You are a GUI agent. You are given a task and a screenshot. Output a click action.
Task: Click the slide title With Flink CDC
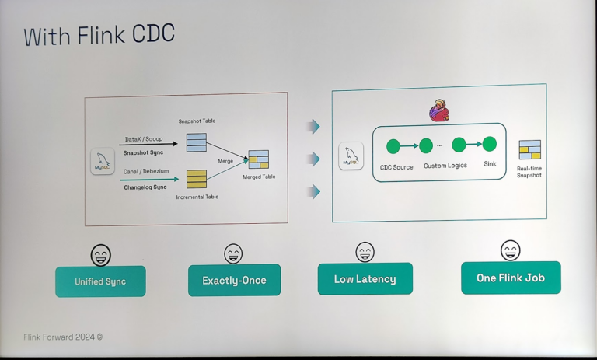(99, 36)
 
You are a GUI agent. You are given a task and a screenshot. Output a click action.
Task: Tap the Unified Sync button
(100, 281)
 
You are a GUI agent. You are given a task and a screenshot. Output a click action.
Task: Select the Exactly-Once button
(234, 280)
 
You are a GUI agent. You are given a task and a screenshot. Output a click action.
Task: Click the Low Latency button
(365, 279)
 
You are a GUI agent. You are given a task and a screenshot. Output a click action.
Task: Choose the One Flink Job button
(511, 278)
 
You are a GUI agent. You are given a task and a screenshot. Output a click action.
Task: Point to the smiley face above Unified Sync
(101, 254)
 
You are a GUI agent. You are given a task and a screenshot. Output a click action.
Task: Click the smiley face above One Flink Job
(511, 250)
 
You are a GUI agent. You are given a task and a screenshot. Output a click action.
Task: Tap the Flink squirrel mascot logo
(438, 111)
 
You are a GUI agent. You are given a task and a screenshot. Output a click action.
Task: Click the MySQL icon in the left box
(103, 162)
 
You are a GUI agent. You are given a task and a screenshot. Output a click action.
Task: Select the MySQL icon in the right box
(351, 156)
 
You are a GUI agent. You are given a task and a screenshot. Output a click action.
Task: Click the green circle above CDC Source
(393, 145)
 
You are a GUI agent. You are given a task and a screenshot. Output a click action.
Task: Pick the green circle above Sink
(489, 144)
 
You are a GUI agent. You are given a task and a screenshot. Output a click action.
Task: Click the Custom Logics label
(445, 166)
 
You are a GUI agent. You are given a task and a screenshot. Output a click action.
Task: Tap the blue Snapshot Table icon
(196, 142)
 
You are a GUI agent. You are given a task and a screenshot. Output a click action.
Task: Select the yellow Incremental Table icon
(196, 179)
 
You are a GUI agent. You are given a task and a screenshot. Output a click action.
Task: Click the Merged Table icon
(258, 160)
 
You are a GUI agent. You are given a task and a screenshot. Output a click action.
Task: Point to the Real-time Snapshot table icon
(529, 150)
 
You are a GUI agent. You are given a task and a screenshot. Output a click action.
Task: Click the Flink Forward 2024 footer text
(63, 337)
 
